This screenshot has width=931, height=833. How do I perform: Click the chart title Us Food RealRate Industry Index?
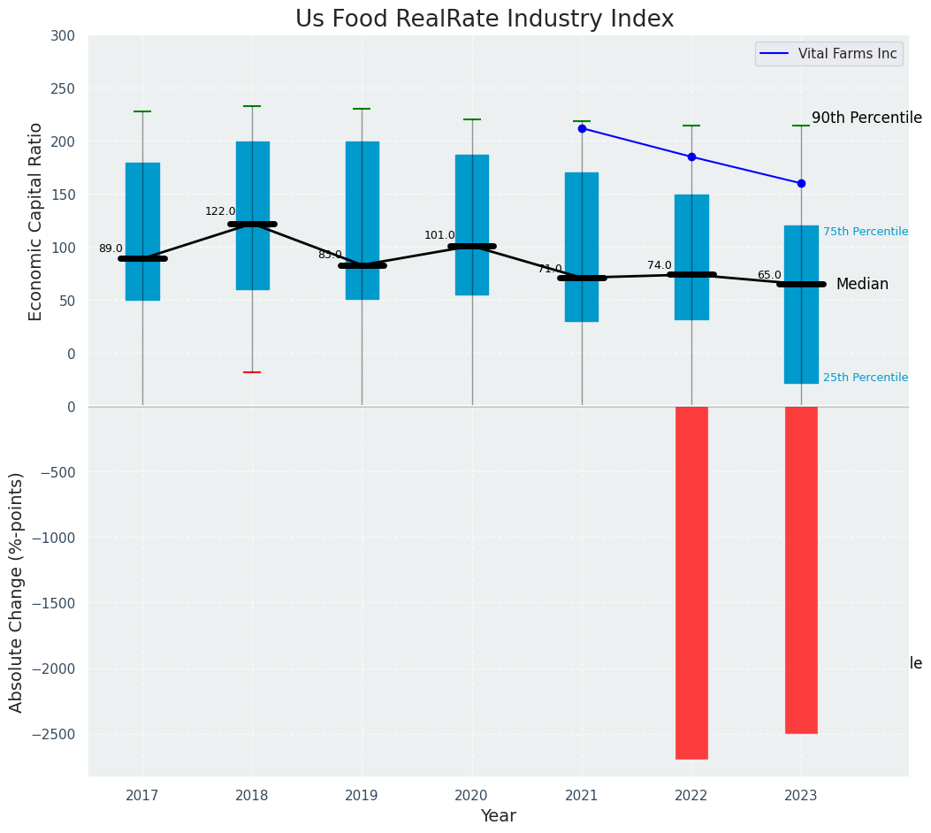tap(485, 19)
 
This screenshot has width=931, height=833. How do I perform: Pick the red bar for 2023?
tap(801, 569)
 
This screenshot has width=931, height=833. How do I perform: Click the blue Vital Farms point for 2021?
tap(582, 128)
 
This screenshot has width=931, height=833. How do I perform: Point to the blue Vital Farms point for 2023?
tap(801, 183)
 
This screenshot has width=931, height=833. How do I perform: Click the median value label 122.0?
tap(220, 211)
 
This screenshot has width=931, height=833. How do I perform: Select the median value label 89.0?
tap(111, 248)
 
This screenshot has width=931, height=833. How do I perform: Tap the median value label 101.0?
tap(439, 235)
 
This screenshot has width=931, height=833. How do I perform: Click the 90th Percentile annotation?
tap(866, 118)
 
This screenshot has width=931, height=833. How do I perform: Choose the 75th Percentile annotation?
tap(866, 232)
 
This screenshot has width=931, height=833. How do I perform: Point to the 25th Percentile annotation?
tap(866, 378)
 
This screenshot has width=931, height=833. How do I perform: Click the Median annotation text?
tap(862, 284)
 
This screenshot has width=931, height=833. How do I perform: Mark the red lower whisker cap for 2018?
tap(252, 372)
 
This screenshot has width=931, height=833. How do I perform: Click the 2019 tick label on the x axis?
tap(362, 796)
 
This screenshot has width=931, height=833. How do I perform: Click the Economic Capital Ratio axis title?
tap(36, 221)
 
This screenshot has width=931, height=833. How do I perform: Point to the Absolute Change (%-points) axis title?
tap(17, 592)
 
